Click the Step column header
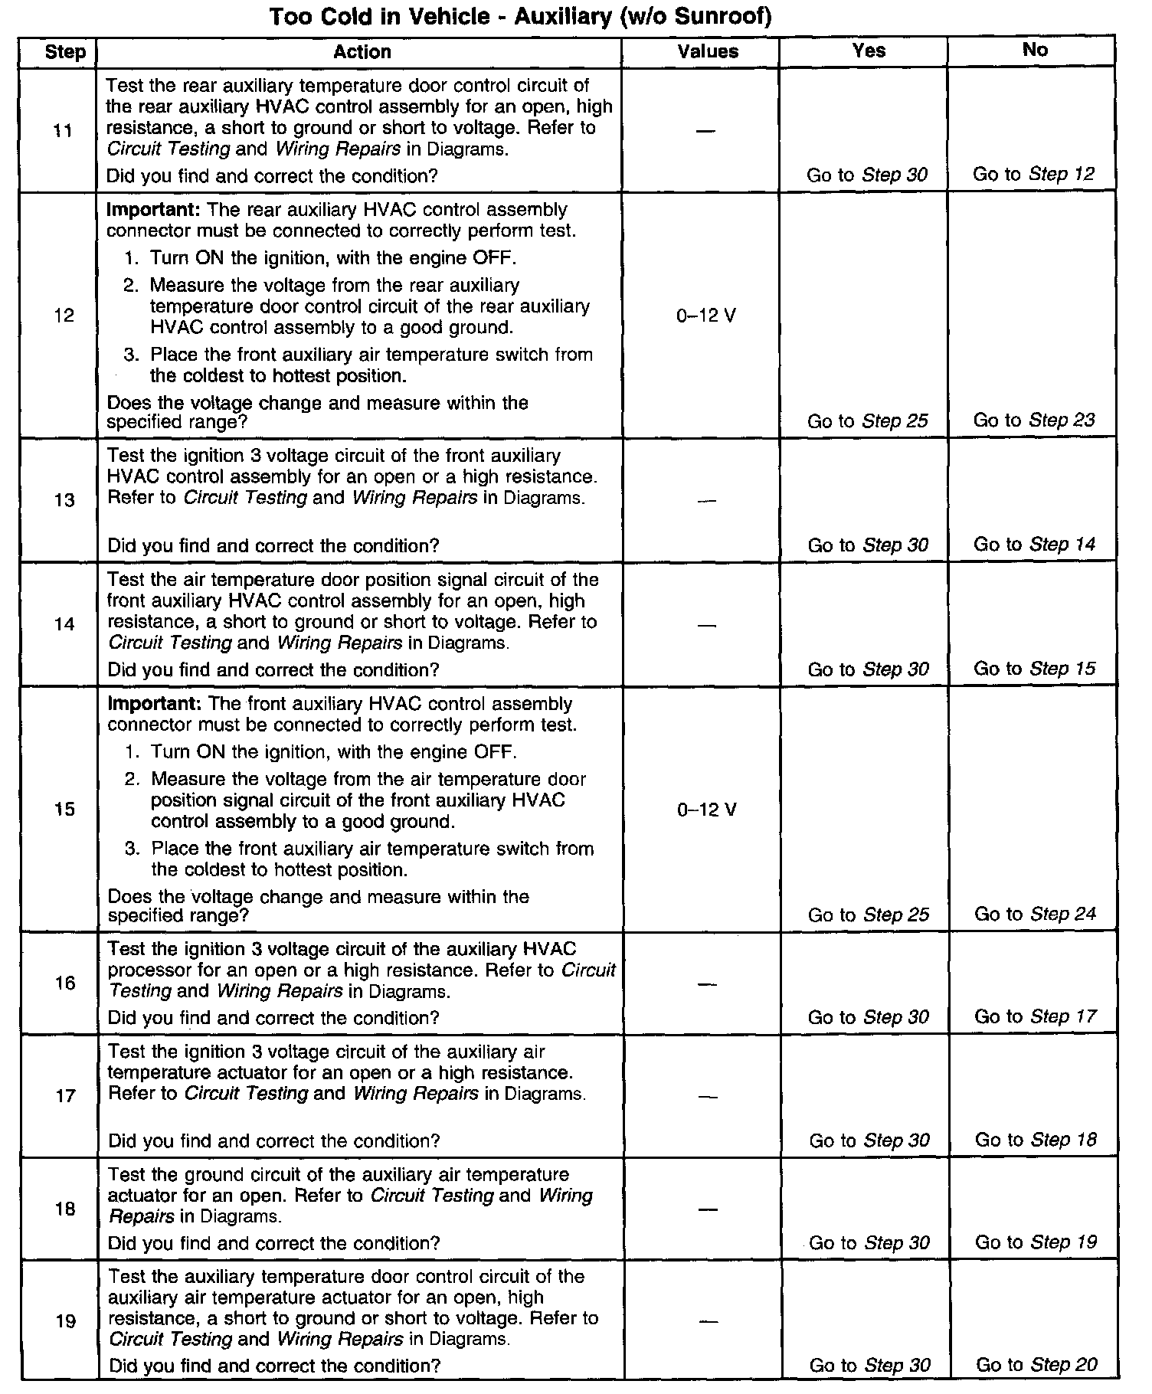click(65, 52)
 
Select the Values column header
click(708, 51)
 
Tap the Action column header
click(362, 51)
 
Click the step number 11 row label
click(64, 131)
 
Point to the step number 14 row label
click(64, 624)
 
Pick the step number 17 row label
click(65, 1096)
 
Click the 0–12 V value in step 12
click(706, 316)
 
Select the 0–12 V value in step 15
click(707, 810)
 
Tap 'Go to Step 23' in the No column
click(1034, 420)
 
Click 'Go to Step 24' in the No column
click(1035, 914)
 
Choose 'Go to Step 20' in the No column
click(1036, 1364)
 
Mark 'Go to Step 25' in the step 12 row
click(868, 420)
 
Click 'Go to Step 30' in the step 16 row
click(869, 1017)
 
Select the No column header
click(1034, 50)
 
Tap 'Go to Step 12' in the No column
click(1034, 174)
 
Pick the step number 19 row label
click(66, 1321)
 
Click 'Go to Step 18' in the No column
click(1036, 1140)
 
